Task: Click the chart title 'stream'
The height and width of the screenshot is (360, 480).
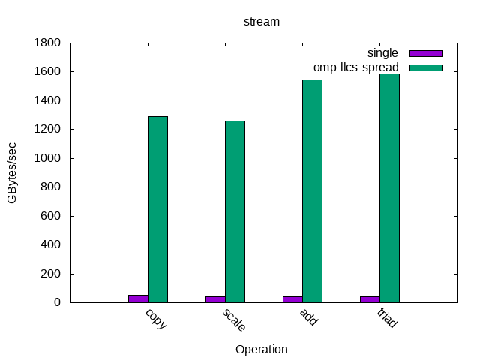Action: [262, 21]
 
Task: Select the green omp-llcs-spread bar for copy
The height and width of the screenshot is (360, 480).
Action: [157, 209]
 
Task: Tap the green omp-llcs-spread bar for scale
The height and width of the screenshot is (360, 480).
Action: [235, 211]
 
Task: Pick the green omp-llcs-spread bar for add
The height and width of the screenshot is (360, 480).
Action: [312, 191]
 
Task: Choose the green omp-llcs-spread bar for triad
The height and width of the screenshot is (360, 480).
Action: [389, 188]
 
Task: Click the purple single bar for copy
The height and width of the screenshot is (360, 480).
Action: [138, 298]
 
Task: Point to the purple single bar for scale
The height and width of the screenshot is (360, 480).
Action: [215, 299]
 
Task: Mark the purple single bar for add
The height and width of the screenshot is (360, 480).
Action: [292, 299]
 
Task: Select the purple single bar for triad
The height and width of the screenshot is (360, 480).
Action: [370, 299]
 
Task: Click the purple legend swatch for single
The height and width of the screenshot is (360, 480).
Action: [425, 53]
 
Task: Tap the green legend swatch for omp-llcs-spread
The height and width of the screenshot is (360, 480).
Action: [425, 67]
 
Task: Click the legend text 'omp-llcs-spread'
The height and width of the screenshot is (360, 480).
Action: [356, 67]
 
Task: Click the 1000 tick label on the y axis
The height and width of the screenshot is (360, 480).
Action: [49, 158]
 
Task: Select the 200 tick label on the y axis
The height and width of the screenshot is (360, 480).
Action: [52, 274]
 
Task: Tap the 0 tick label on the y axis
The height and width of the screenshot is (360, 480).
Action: [57, 302]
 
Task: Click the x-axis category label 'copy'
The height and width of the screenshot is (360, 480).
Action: [156, 318]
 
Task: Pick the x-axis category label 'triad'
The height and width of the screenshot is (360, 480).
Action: [387, 319]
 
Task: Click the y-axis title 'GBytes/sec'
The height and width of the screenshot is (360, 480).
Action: [13, 172]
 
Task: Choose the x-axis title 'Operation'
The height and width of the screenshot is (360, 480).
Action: [262, 349]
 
